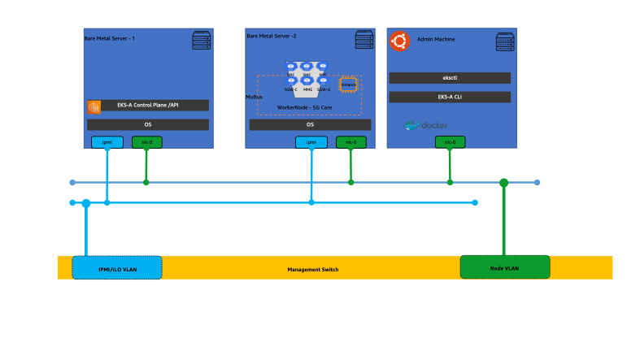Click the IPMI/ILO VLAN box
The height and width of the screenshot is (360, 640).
coord(117,267)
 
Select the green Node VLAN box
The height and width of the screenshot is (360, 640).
coord(504,267)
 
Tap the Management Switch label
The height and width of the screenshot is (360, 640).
coord(313,269)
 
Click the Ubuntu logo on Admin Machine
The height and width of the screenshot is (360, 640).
coord(398,41)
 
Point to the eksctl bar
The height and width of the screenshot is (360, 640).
coord(450,78)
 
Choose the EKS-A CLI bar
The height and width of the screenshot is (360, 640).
coord(450,98)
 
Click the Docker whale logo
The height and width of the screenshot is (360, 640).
coord(425,126)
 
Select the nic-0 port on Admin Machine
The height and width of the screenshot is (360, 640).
coord(450,142)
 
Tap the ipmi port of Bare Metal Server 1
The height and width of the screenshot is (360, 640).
coord(107,142)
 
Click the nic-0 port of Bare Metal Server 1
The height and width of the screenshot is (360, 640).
coord(146,142)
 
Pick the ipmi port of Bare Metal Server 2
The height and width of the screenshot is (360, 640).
coord(311,142)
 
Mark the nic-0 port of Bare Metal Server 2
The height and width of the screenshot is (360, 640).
coord(350,142)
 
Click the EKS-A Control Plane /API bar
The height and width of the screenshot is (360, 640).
coord(155,106)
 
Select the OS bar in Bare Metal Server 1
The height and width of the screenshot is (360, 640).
coord(148,125)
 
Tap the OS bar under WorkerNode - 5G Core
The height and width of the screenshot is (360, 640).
coord(310,125)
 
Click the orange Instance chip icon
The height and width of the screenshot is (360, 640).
coord(349,84)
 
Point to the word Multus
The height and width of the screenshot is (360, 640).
coord(254,97)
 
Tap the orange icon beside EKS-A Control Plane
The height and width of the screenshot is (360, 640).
coord(94,106)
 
